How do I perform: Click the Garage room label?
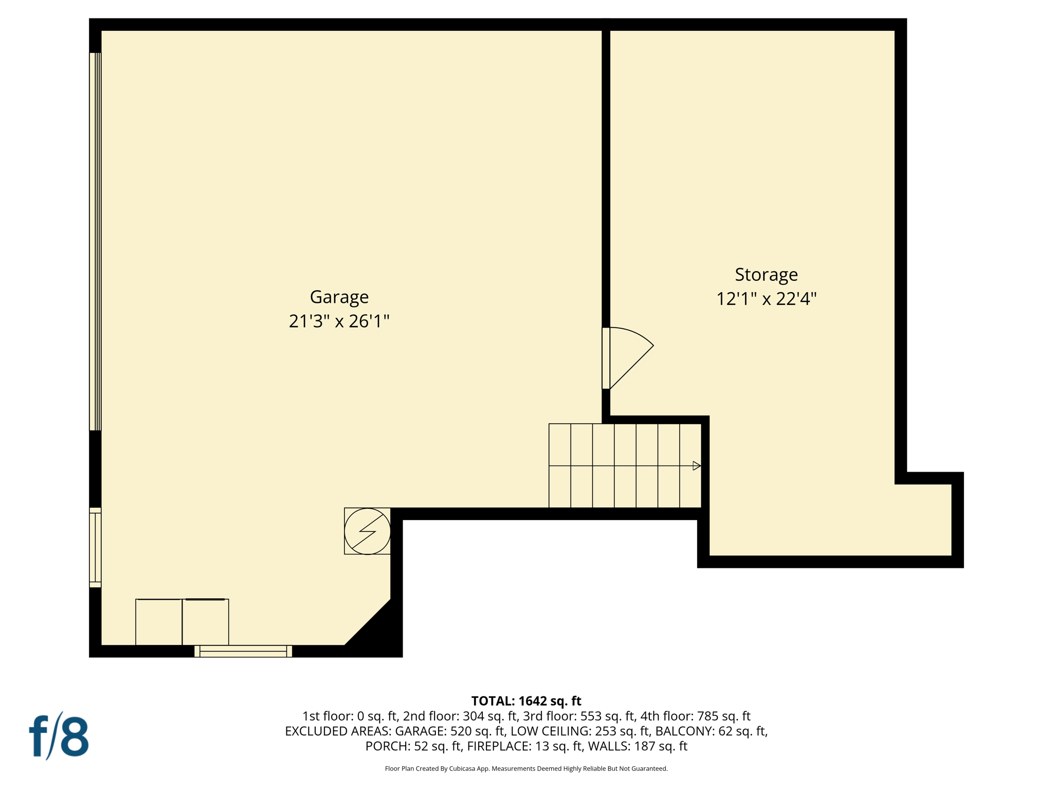[339, 297]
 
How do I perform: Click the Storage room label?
[766, 275]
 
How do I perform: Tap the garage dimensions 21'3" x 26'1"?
[339, 321]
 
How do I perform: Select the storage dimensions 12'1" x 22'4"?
[766, 299]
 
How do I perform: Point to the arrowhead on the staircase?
[696, 466]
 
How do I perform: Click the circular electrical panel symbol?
[367, 531]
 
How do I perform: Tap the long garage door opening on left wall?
[95, 242]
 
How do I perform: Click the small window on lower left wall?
[95, 548]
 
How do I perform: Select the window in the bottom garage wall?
[243, 651]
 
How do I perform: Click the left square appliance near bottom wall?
[158, 622]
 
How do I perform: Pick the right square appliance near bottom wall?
[205, 622]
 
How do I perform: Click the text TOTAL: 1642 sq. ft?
[526, 701]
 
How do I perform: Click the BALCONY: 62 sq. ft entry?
[711, 731]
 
